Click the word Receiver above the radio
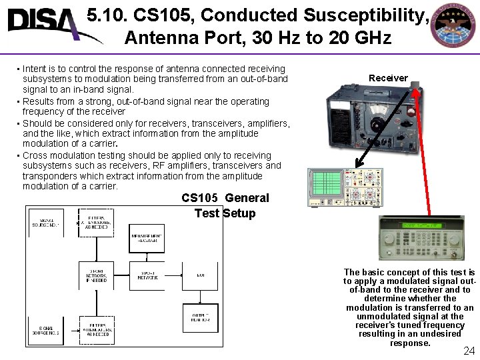coord(388,78)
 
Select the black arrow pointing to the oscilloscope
coord(381,137)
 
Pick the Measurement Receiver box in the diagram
coord(147,239)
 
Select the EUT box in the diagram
coord(200,274)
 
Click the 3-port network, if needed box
coord(97,274)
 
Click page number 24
coord(469,351)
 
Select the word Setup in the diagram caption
coord(239,213)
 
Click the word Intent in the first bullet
coord(34,69)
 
